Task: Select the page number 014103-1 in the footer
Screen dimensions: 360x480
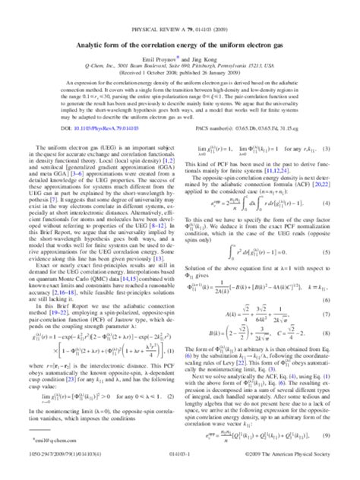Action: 180,472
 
